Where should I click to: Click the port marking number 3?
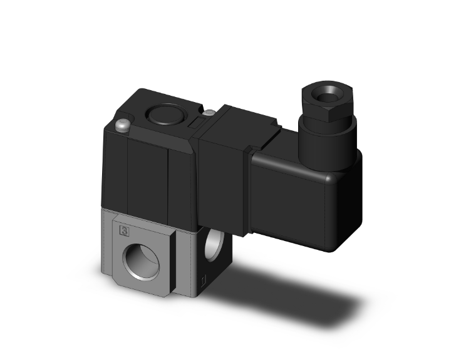[124, 232]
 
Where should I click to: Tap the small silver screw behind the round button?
[210, 113]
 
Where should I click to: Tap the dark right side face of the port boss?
[178, 263]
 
